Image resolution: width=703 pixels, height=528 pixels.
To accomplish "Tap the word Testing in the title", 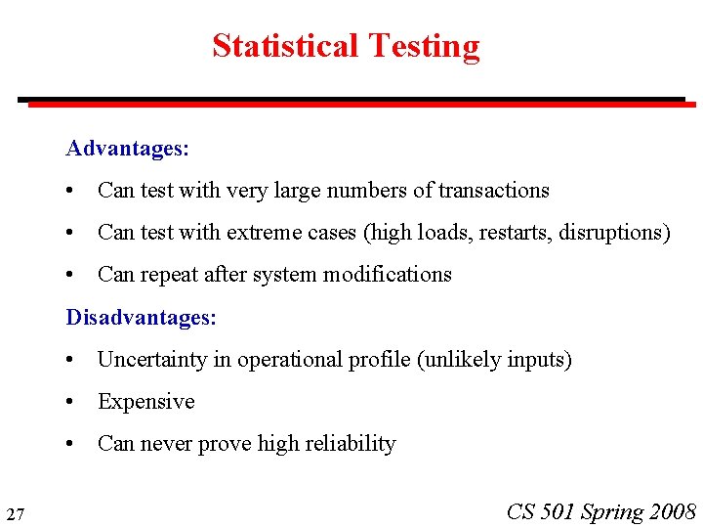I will coord(423,46).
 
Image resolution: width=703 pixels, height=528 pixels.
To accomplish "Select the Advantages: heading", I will coord(127,149).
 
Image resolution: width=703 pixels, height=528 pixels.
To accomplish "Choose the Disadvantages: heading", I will coord(141,318).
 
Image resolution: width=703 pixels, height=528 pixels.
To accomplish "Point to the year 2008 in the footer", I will coord(672,511).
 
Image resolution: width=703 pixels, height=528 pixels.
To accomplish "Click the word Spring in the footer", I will coord(612,511).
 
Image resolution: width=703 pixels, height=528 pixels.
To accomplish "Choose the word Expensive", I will coord(146,402).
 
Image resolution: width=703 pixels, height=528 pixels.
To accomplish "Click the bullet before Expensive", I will coord(71,402).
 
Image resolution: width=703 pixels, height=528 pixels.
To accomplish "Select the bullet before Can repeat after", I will coord(71,275).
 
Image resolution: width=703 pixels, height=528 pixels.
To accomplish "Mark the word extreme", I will coord(262,233).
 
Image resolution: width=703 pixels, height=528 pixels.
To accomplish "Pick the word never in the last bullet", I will coord(167,444).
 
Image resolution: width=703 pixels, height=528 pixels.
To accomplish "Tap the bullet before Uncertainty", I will coord(71,360).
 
